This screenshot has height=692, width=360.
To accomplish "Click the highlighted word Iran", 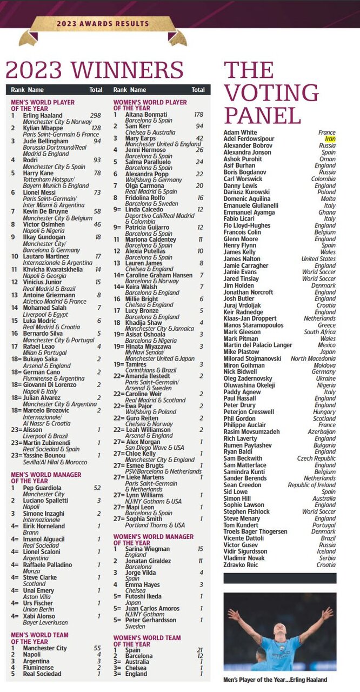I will (x=330, y=139).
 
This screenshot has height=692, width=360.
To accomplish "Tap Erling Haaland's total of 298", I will (x=95, y=115).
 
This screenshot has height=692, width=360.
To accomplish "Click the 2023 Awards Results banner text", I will (x=103, y=24).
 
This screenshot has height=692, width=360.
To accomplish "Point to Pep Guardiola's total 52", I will (x=97, y=487).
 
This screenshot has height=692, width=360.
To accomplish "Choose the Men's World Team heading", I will (x=39, y=638).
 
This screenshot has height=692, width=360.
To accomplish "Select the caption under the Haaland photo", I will (x=276, y=680).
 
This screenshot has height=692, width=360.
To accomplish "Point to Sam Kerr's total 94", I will (x=199, y=126).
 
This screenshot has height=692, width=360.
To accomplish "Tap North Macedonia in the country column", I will (x=313, y=358).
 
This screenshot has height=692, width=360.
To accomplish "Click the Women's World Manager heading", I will (x=153, y=540).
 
